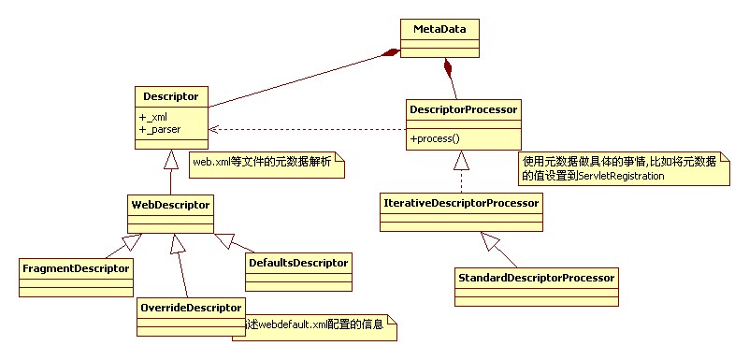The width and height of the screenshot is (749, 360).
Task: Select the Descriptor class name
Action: [171, 96]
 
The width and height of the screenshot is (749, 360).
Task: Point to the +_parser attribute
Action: [160, 129]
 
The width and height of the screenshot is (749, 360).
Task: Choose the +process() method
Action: [435, 138]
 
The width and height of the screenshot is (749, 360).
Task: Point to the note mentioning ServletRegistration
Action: [623, 169]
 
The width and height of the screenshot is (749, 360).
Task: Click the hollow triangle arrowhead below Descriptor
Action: [170, 158]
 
